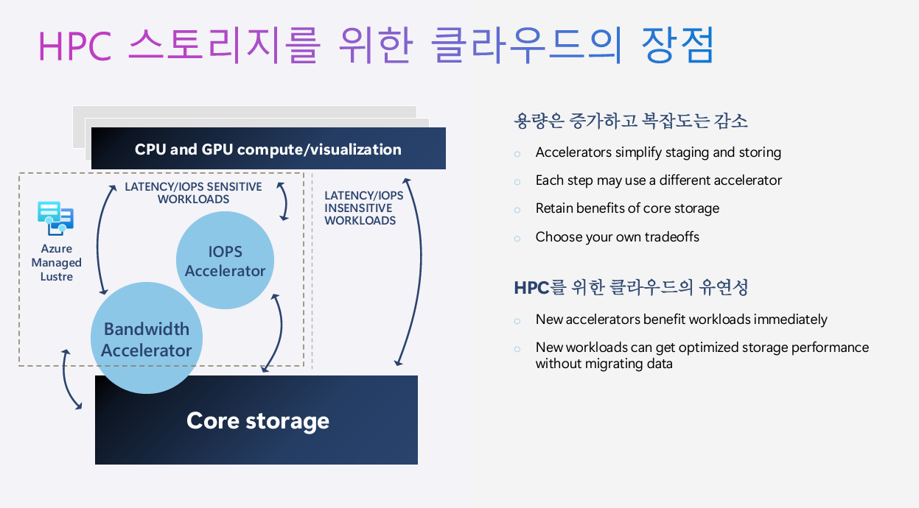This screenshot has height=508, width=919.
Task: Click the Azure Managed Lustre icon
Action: tap(56, 219)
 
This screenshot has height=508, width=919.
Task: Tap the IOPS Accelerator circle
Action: tap(226, 261)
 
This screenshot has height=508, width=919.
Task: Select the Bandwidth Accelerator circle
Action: tap(146, 339)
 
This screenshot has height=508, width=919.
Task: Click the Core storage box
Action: tap(256, 420)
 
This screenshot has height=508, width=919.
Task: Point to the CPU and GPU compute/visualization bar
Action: tap(268, 149)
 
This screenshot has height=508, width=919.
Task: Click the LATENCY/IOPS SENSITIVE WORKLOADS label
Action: tap(193, 193)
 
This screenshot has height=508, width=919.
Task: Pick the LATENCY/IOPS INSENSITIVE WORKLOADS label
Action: tap(364, 208)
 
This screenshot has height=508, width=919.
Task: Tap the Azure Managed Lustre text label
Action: tap(57, 263)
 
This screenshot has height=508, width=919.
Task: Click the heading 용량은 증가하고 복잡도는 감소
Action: tap(631, 121)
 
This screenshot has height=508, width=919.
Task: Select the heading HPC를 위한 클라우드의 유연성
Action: tap(631, 287)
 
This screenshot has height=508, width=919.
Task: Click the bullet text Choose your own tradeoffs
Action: tap(617, 236)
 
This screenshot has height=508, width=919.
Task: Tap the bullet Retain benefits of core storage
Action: tap(627, 208)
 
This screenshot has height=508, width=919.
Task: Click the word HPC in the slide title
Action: tap(74, 47)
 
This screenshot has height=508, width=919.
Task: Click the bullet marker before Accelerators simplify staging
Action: tap(517, 153)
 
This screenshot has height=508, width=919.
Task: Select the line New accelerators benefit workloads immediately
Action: tap(681, 320)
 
